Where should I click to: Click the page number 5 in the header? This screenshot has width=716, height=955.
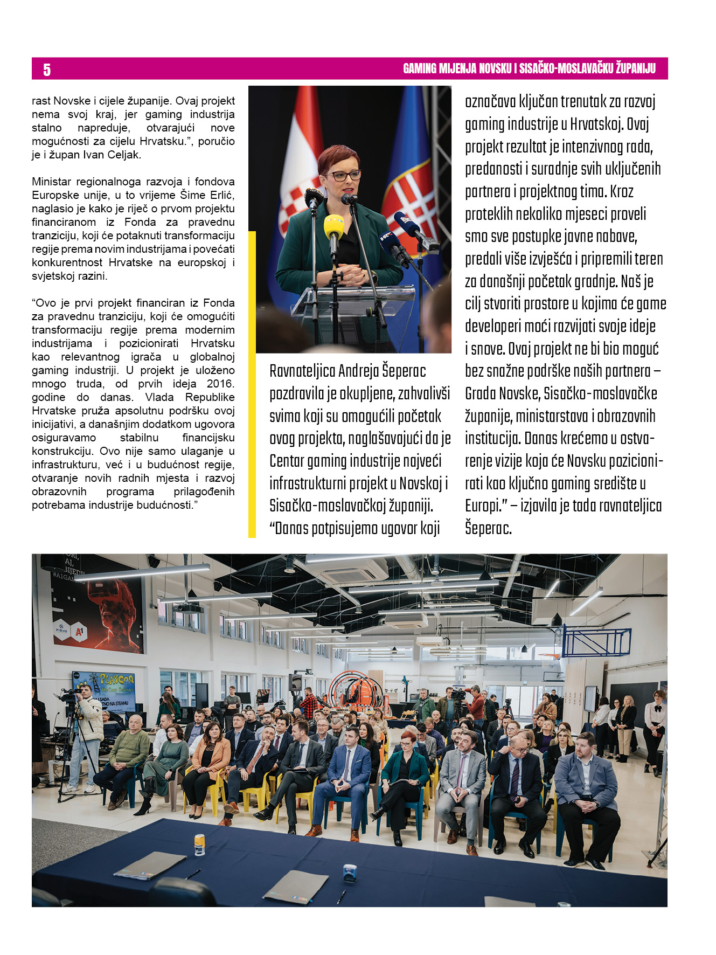tap(47, 70)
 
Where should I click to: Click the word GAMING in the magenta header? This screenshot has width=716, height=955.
tap(420, 69)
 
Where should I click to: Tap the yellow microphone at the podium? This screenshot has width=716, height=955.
tap(333, 227)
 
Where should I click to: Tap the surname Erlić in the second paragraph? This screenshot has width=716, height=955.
tap(221, 195)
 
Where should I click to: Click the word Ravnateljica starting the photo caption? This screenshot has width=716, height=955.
tap(302, 371)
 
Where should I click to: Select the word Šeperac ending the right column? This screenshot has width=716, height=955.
tap(488, 528)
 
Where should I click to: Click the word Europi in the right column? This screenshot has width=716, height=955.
tap(483, 506)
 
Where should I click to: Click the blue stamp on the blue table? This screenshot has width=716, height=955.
tap(350, 871)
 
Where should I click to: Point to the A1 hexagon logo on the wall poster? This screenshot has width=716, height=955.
tap(79, 631)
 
